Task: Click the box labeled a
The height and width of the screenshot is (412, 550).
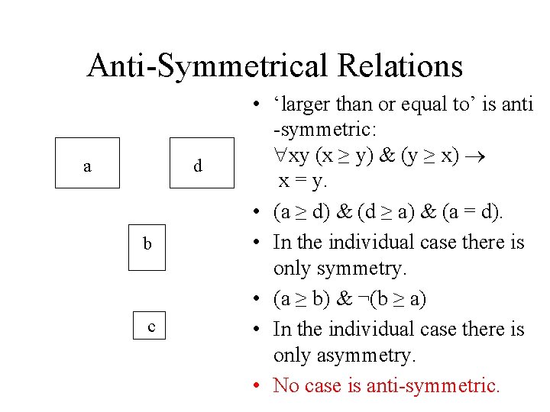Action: tap(87, 163)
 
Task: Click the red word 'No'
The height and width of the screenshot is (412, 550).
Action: tap(286, 385)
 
